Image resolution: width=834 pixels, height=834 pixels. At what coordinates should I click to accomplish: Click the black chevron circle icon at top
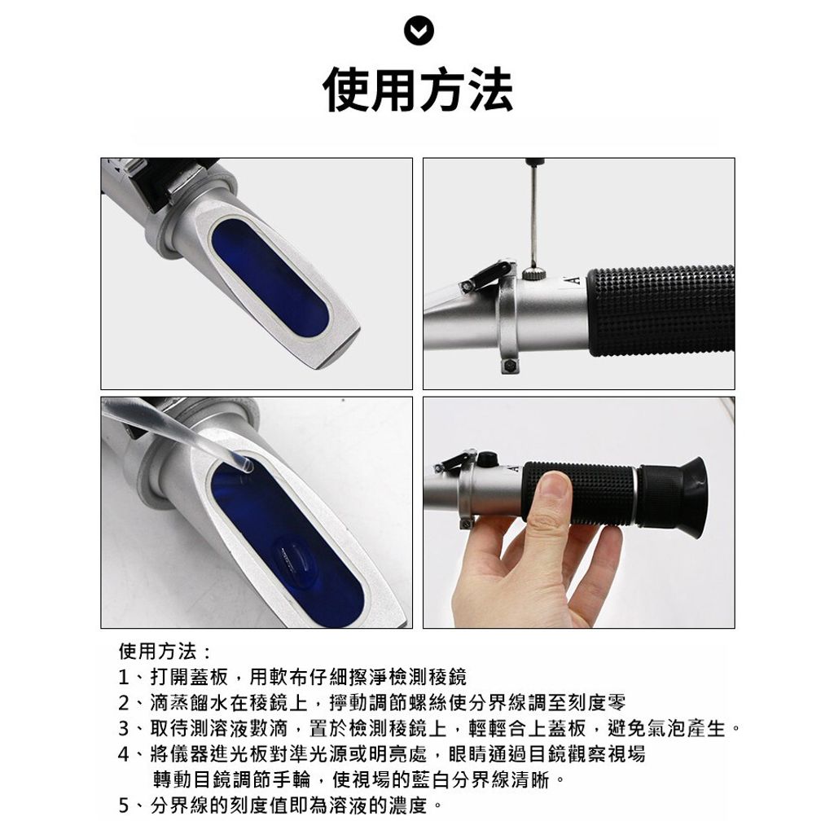(x=417, y=32)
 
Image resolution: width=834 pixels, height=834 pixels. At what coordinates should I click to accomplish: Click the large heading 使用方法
(x=417, y=90)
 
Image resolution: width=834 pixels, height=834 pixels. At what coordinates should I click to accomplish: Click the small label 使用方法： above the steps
(x=164, y=652)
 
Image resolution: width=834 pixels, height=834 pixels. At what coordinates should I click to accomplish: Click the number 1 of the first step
(x=123, y=677)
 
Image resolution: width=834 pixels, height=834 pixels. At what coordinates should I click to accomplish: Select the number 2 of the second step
(x=123, y=702)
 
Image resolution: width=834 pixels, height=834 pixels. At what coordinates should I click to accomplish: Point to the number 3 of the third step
(x=123, y=728)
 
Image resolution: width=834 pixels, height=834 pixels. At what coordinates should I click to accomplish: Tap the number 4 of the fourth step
(x=123, y=753)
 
